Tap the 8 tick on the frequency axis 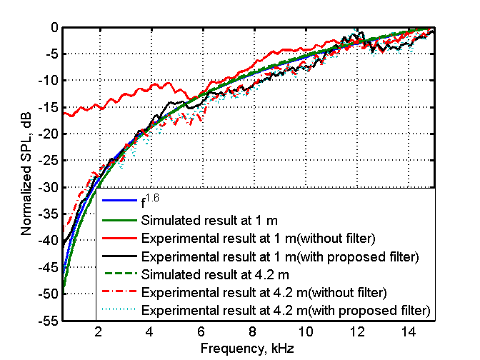click(x=254, y=332)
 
